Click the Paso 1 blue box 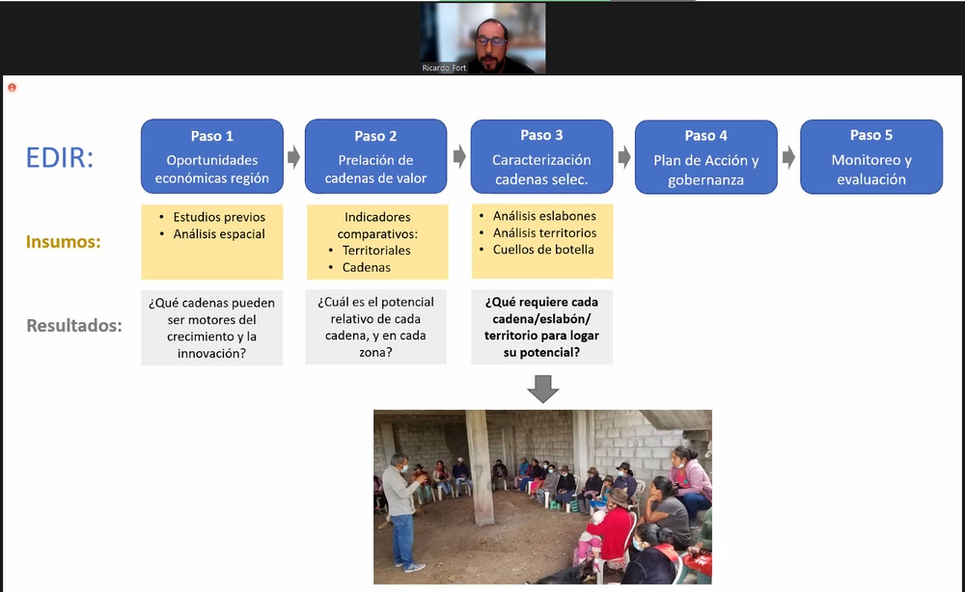click(212, 156)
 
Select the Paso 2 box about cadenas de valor click(376, 156)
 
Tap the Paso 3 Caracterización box click(541, 156)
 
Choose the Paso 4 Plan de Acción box click(706, 157)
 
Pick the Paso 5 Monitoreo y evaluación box click(871, 157)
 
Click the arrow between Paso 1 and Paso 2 click(294, 157)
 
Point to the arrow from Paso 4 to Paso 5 click(788, 157)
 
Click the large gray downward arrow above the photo click(542, 389)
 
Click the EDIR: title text click(60, 157)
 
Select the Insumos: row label click(64, 242)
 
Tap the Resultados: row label click(74, 325)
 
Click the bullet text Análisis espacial click(219, 233)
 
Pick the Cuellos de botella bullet click(543, 249)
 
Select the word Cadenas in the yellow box click(366, 267)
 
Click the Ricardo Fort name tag click(444, 67)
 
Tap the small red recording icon click(12, 88)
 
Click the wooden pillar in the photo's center click(480, 468)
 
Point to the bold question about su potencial click(541, 327)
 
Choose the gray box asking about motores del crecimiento click(211, 328)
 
